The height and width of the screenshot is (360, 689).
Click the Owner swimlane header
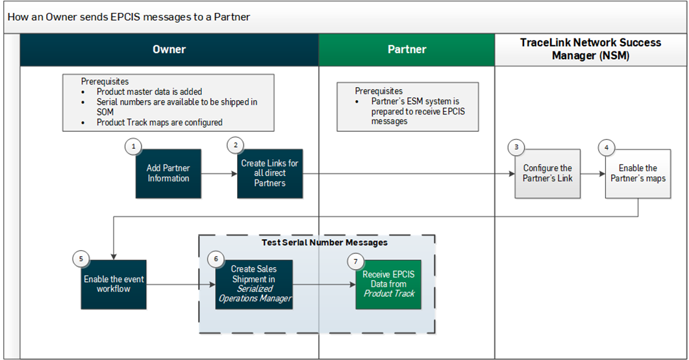[x=169, y=49]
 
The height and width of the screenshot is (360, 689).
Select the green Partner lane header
[x=407, y=49]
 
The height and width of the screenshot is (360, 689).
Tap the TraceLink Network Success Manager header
[x=590, y=49]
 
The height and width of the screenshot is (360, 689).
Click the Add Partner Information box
[x=168, y=174]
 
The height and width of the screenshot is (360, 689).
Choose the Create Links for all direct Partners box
[x=269, y=174]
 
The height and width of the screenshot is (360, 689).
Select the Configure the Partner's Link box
[x=548, y=174]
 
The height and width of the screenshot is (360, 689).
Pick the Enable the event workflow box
[x=114, y=284]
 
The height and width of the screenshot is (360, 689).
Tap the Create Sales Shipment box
[x=254, y=284]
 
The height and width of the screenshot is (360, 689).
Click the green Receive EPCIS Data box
[x=388, y=284]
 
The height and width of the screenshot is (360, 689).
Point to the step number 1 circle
[x=134, y=147]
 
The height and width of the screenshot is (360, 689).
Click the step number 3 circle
[x=516, y=147]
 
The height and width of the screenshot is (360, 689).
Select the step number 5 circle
[x=81, y=258]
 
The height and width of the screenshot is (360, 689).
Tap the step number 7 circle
[x=355, y=261]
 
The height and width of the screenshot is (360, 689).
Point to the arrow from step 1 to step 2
[x=219, y=174]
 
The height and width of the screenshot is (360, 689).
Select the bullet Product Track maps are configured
[x=159, y=122]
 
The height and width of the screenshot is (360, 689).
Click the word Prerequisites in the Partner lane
[x=379, y=91]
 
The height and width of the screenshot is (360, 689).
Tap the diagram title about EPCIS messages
[x=129, y=16]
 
